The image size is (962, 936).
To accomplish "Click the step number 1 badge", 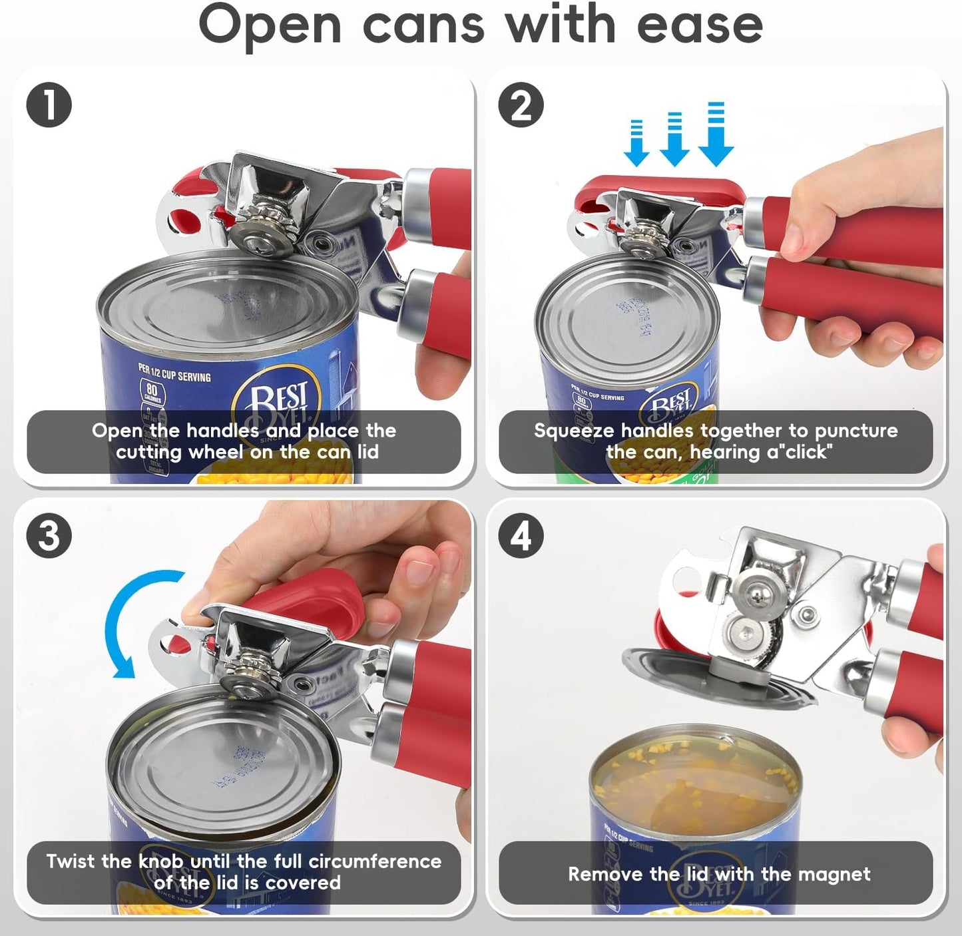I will click(49, 105).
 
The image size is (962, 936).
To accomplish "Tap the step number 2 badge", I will click(521, 105).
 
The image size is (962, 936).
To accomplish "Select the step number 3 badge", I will click(49, 535).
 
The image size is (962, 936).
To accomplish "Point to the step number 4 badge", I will click(521, 535).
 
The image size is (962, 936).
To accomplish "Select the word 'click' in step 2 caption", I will click(805, 452).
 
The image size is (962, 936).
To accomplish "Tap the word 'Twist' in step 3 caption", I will click(71, 861).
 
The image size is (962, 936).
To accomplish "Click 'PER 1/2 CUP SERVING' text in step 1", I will click(174, 372).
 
